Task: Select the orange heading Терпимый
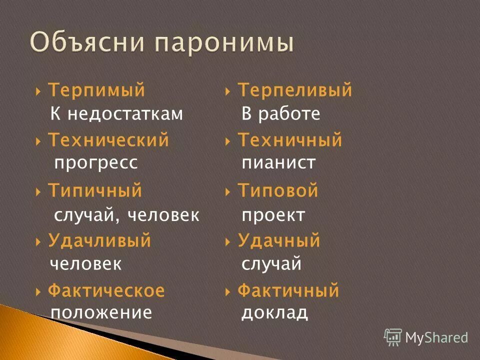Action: pos(96,90)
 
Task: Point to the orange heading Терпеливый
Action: pos(294,90)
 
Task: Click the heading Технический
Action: pos(108,140)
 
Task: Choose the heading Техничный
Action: pos(289,140)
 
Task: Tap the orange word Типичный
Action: pos(95,190)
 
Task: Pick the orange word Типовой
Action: pos(277,190)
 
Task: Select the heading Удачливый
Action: pos(99,240)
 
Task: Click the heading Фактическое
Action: pos(106,290)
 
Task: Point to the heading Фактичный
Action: pos(288,290)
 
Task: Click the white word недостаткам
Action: pos(125,114)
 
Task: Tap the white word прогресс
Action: pos(95,162)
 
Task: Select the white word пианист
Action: pos(278,162)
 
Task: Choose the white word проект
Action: pos(273,215)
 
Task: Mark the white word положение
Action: pos(101,312)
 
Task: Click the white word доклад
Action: pos(274,312)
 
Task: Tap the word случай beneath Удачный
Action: pos(271,263)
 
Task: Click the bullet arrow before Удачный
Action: pos(228,241)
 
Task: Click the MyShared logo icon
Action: pos(393,337)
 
